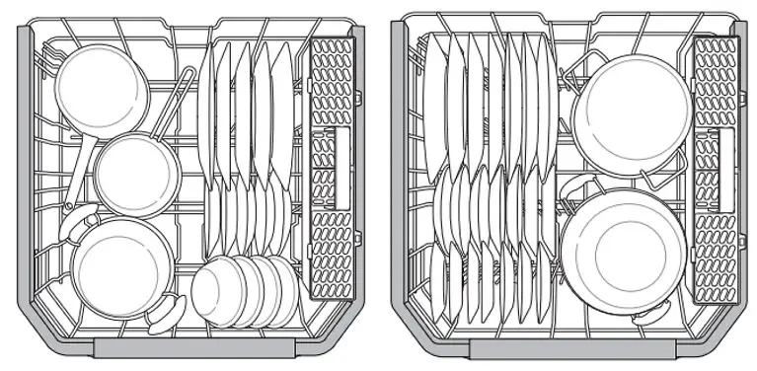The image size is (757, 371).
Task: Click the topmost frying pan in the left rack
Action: (100, 87)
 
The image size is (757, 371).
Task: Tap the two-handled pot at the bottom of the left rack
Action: (116, 264)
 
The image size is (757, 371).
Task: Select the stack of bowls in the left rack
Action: (245, 288)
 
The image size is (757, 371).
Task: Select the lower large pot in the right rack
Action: (624, 248)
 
